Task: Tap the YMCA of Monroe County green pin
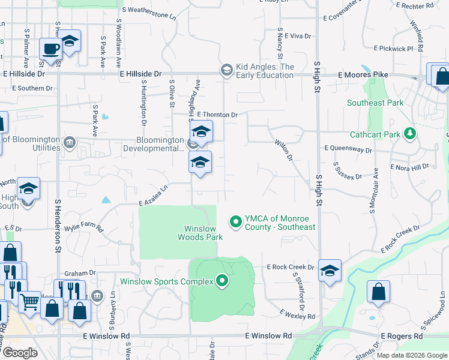tap(236, 222)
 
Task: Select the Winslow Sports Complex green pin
tap(222, 280)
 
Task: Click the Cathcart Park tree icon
tap(410, 134)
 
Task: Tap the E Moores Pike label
tap(363, 75)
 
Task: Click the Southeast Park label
tap(375, 103)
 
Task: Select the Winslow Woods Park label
tap(200, 233)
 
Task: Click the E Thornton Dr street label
tap(214, 115)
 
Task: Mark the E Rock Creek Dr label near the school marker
tap(291, 267)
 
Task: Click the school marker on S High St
tap(330, 270)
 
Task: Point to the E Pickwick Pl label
tap(393, 48)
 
